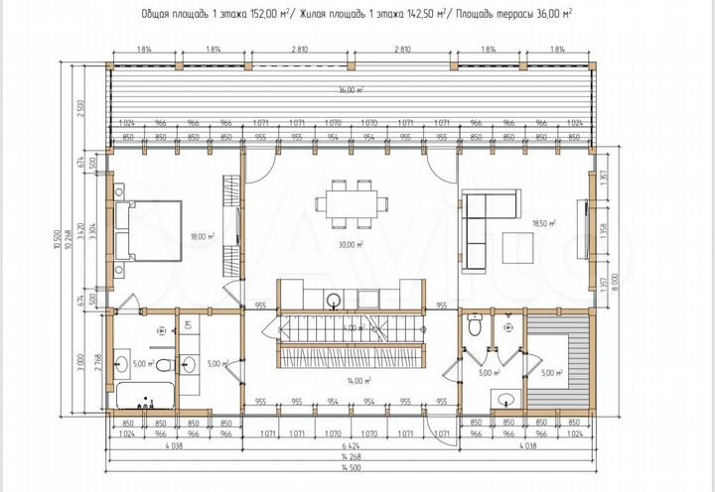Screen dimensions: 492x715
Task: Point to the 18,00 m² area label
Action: coord(202,236)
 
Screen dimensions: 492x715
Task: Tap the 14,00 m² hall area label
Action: coord(357,380)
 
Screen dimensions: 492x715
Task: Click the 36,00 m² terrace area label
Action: coord(349,90)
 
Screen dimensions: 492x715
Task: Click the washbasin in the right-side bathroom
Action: coord(505,398)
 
